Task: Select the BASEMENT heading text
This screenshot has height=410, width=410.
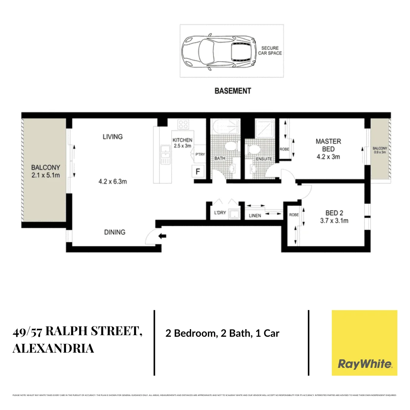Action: (x=233, y=91)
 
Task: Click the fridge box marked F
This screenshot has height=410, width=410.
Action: (x=197, y=172)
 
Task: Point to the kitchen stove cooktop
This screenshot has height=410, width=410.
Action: (x=183, y=124)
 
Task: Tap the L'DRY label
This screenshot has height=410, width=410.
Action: (x=220, y=213)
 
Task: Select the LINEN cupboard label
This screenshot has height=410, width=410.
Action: (x=255, y=216)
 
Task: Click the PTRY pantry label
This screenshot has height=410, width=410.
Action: (x=200, y=155)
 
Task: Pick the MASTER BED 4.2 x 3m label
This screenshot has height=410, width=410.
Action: (x=328, y=149)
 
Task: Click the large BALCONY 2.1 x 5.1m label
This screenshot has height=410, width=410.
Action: (x=46, y=171)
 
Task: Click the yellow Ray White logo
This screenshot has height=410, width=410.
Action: (x=364, y=343)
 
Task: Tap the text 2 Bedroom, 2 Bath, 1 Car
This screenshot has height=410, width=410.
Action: (x=222, y=334)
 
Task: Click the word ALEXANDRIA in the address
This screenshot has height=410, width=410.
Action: (x=53, y=348)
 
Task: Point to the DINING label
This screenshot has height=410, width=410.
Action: (x=115, y=232)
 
